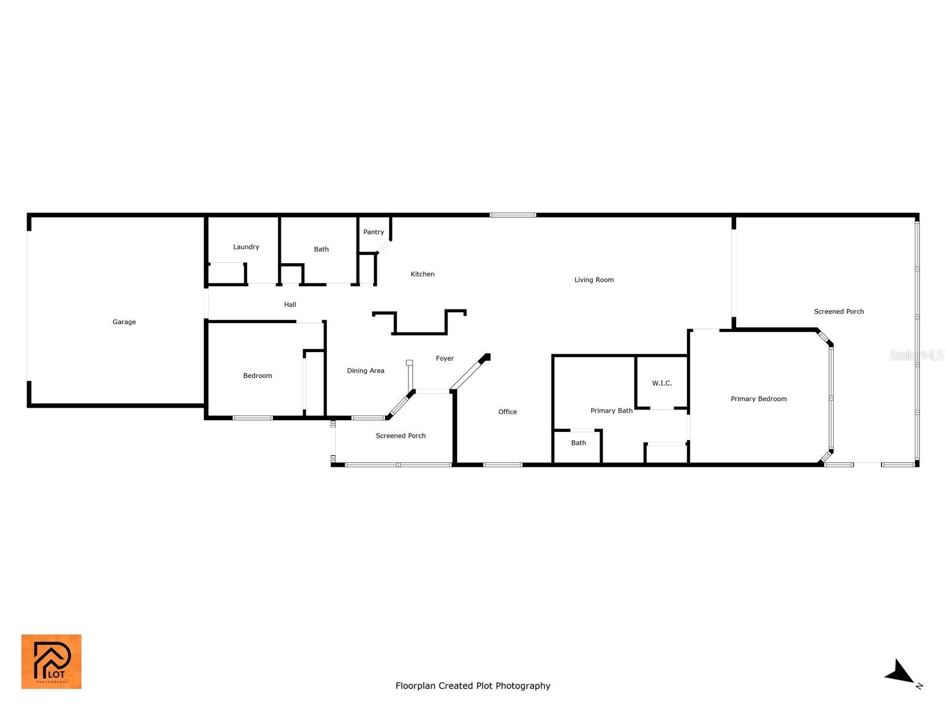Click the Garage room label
[124, 322]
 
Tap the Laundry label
[246, 247]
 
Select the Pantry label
[373, 232]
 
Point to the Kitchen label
[422, 274]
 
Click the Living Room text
[594, 280]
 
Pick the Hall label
[290, 305]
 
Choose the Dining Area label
[365, 371]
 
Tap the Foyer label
[445, 359]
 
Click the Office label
[507, 412]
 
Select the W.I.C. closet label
[662, 383]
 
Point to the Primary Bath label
[611, 411]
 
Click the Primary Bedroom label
[759, 399]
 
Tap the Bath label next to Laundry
[321, 249]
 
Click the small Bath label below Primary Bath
[578, 443]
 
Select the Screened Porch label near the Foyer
[400, 436]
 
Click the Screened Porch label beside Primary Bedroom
[838, 312]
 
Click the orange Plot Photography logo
[51, 661]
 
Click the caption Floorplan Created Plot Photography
[473, 686]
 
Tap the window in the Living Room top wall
[513, 215]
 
